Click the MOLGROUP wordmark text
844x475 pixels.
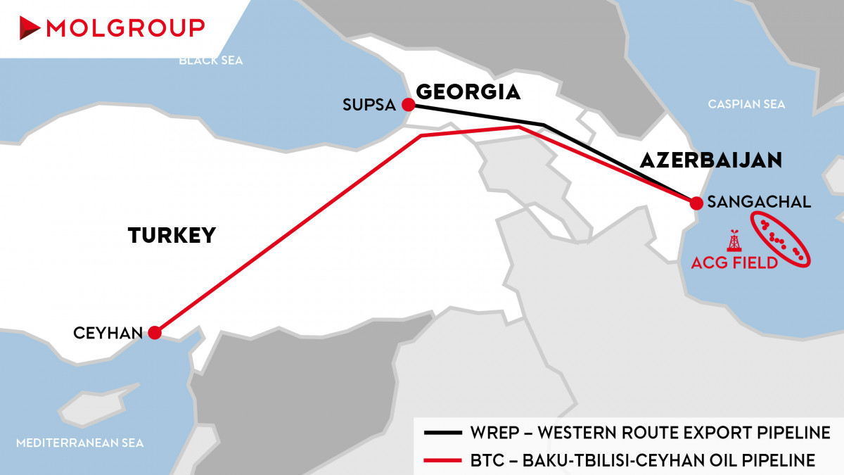(x=125, y=28)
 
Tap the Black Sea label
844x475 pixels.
(x=210, y=61)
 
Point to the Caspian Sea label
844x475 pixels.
(x=746, y=104)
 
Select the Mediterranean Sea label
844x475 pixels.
(x=79, y=443)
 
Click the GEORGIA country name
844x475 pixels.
(x=468, y=92)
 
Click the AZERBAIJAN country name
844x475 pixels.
(x=710, y=160)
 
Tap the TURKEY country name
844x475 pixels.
(x=172, y=236)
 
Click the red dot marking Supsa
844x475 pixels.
(x=407, y=106)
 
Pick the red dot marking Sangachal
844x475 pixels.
(x=696, y=203)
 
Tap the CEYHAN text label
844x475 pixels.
(x=108, y=333)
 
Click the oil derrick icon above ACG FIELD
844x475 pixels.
(x=734, y=241)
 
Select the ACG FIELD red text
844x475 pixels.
(x=734, y=262)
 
